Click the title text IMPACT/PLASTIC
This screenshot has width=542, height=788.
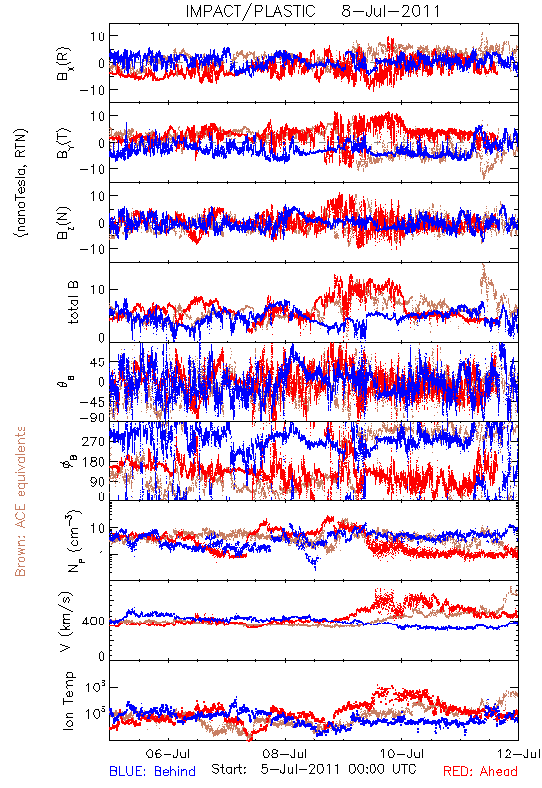[x=251, y=11]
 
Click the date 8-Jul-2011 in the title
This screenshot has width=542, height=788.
[x=390, y=11]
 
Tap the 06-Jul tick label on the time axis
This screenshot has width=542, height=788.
[x=168, y=754]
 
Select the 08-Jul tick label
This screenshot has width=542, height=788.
[x=285, y=754]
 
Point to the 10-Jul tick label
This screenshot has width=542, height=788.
[x=402, y=754]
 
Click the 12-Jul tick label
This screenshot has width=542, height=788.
[x=518, y=754]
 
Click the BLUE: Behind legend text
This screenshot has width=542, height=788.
[x=153, y=771]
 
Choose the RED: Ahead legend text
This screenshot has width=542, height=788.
[x=480, y=771]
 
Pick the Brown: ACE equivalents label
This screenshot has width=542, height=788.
[x=20, y=501]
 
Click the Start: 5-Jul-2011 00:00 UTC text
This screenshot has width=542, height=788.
[x=313, y=769]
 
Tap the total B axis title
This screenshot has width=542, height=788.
[x=73, y=302]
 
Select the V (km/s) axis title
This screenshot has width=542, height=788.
[x=66, y=622]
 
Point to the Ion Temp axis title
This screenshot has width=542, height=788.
[x=68, y=700]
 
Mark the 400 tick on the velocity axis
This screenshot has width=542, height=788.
[x=94, y=622]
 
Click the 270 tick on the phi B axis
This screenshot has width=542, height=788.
[x=94, y=441]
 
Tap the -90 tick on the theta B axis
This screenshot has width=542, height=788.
[x=93, y=417]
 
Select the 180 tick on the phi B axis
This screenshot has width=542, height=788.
[x=94, y=462]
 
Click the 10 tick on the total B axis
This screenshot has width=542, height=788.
[x=98, y=289]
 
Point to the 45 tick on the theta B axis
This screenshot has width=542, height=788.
[x=98, y=362]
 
